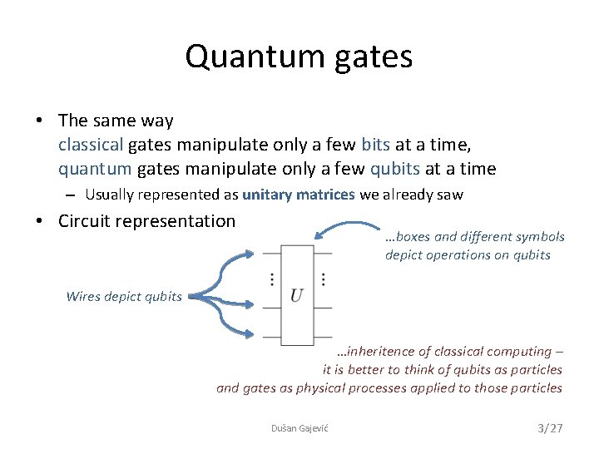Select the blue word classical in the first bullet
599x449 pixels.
91,145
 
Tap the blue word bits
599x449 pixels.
375,145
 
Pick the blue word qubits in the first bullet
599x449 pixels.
395,169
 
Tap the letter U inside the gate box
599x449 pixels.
297,295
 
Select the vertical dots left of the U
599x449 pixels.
272,279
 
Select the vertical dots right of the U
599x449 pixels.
322,279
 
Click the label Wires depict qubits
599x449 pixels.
124,296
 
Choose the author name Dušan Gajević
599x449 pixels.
299,427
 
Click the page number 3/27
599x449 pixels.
550,427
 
